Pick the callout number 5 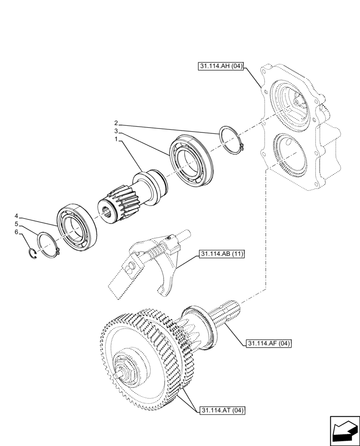point(16,224)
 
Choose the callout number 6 point(16,232)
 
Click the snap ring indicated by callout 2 point(231,140)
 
